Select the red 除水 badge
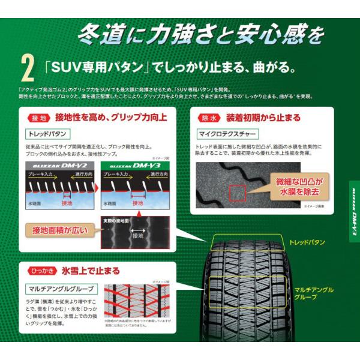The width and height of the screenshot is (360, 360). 209,117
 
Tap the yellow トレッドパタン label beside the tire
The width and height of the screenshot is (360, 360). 307,242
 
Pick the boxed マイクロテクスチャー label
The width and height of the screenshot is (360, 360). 223,133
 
